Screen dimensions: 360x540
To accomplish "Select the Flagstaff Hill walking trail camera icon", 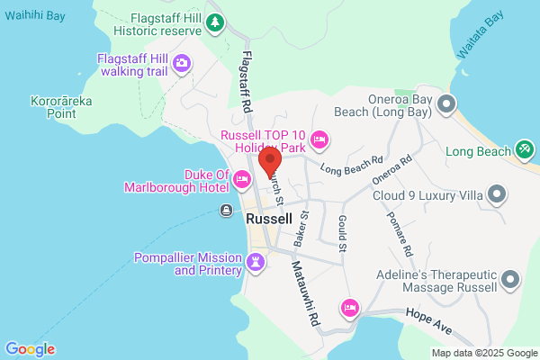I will coord(182,62).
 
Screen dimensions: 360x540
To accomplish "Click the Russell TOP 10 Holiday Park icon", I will coord(319,139).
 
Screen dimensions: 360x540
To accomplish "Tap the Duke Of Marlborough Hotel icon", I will coord(241,181).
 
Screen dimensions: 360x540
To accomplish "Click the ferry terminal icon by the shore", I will coord(226,211).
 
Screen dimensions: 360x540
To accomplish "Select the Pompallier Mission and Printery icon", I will coord(256,263).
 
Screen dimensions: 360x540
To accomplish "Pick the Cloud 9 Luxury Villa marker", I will coord(496,194).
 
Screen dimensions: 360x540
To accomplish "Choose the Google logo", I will coord(30,349).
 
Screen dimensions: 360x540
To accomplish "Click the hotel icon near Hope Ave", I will coord(351,309).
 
